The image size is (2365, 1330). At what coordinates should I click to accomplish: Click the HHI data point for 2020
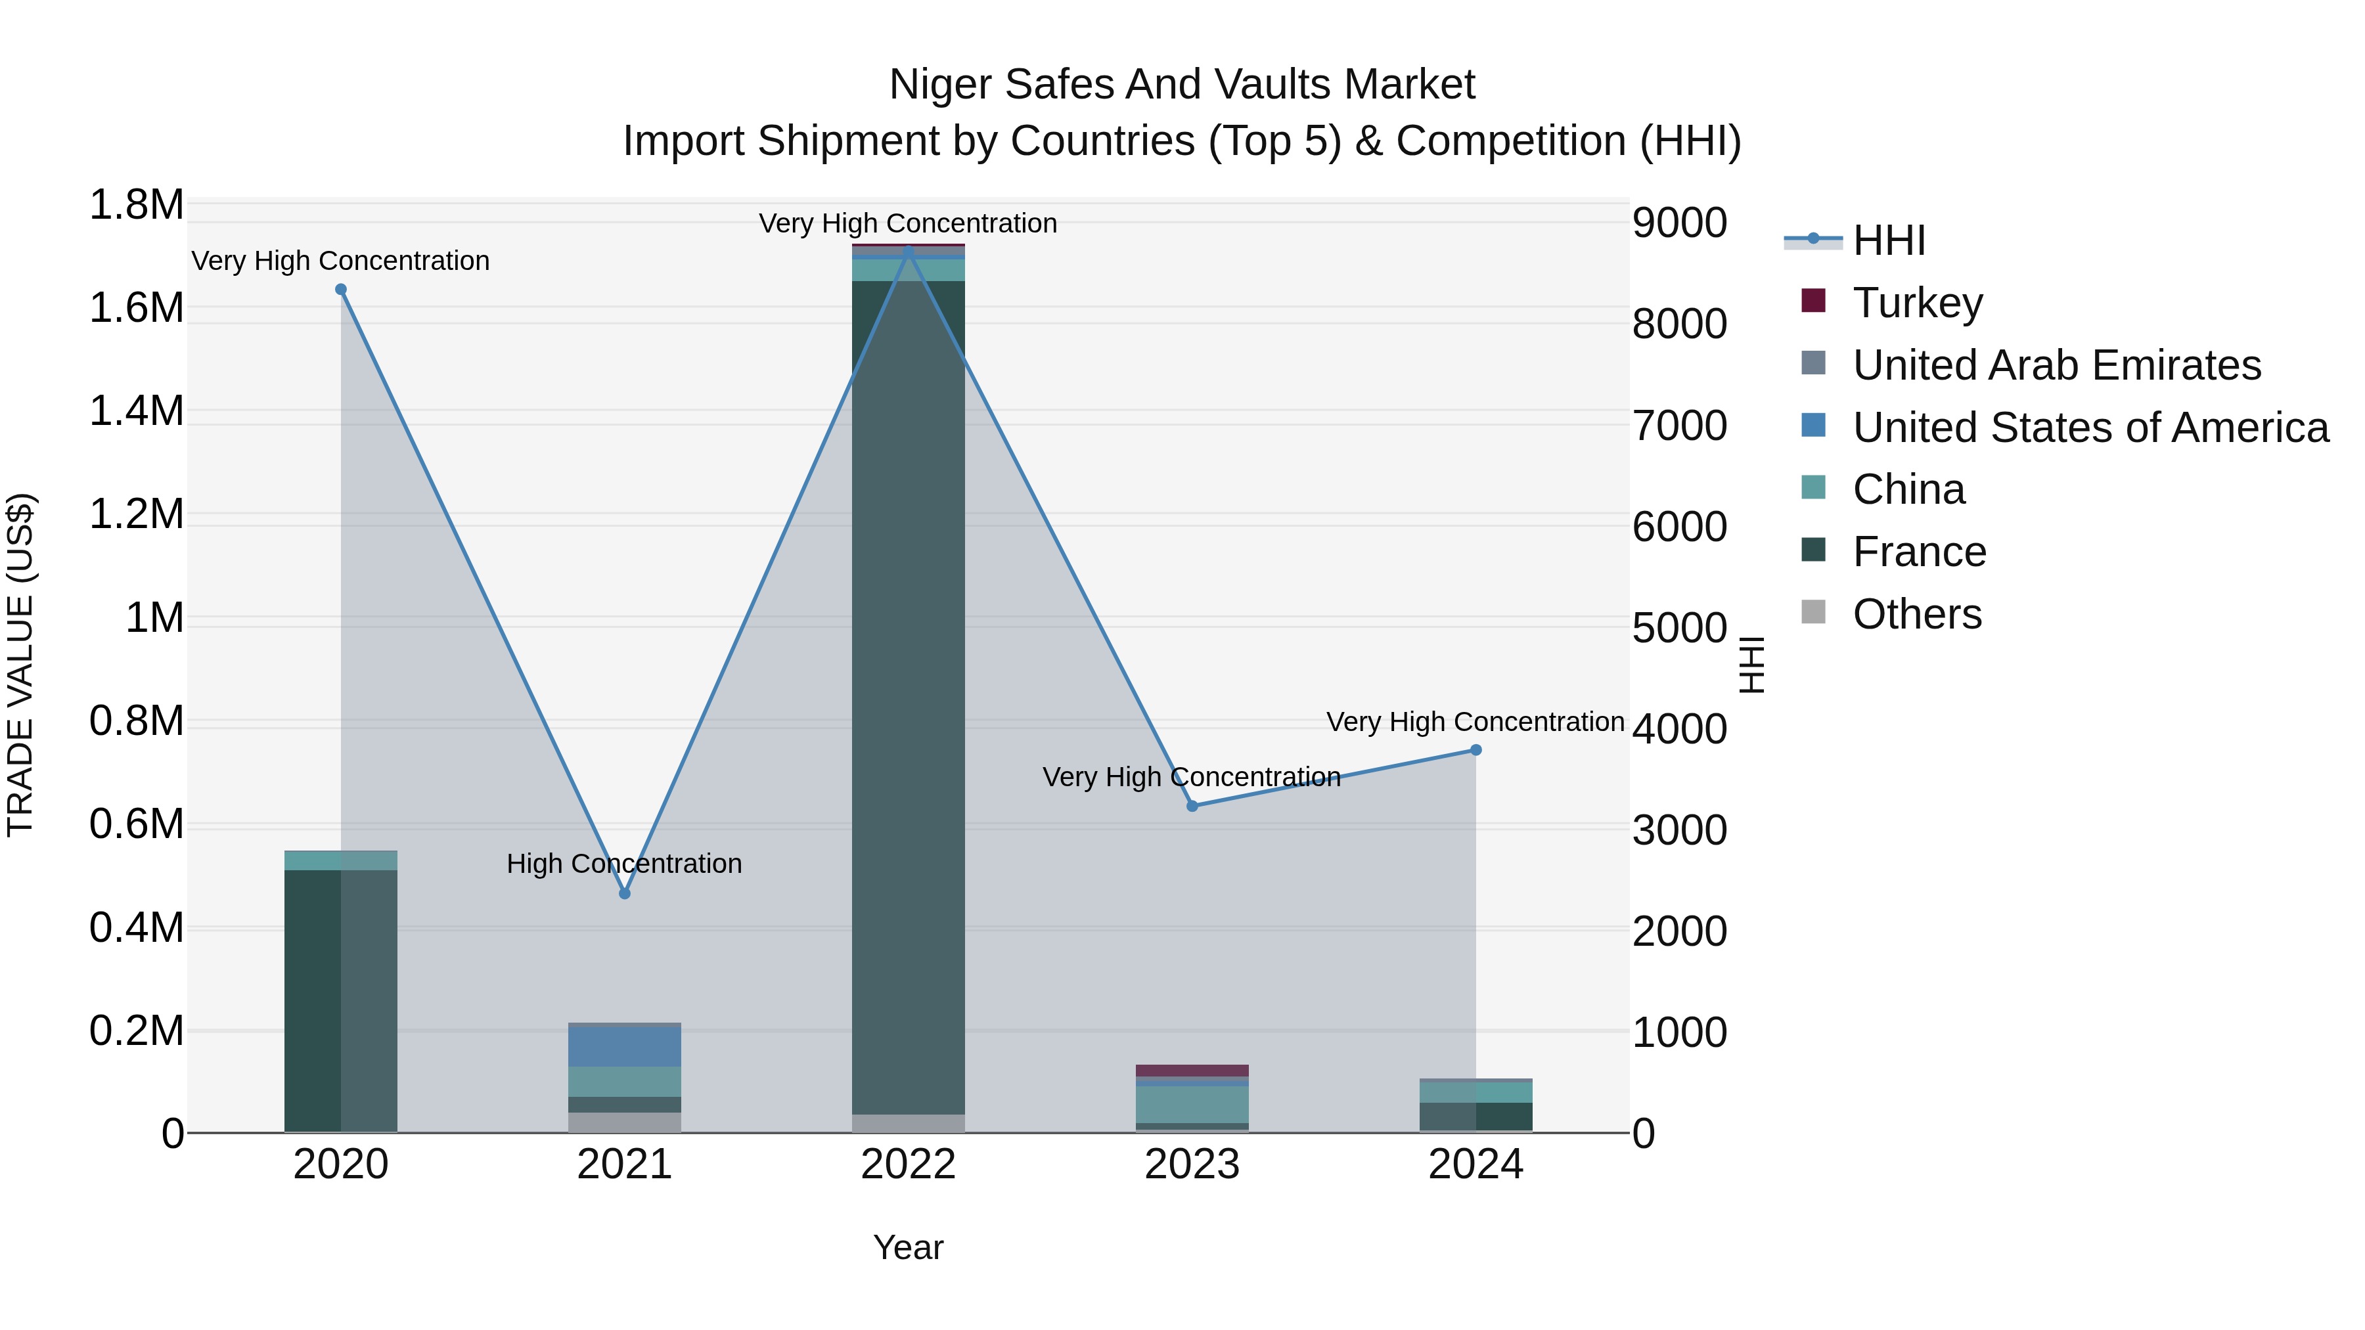340,289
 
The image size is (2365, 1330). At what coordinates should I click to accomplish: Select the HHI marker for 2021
624,893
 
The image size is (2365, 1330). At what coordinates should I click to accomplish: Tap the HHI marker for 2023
1192,806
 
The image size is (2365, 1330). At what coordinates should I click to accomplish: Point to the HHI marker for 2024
1475,750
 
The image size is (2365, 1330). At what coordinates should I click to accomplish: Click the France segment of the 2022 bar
908,698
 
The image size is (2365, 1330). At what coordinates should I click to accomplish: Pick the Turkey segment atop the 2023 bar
1192,1071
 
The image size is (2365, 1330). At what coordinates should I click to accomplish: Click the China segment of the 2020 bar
340,860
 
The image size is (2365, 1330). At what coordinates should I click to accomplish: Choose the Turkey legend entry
1917,302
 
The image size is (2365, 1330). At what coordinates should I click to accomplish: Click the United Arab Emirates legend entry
2056,365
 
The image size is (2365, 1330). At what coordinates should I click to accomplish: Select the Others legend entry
1916,613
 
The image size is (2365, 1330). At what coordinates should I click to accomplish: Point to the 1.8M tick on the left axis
136,205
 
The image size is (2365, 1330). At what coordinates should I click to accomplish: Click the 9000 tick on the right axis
1679,223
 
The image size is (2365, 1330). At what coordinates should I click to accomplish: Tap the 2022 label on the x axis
908,1164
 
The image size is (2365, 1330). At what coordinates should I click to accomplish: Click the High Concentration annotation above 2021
624,864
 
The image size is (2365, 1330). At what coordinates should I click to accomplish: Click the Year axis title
908,1247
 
